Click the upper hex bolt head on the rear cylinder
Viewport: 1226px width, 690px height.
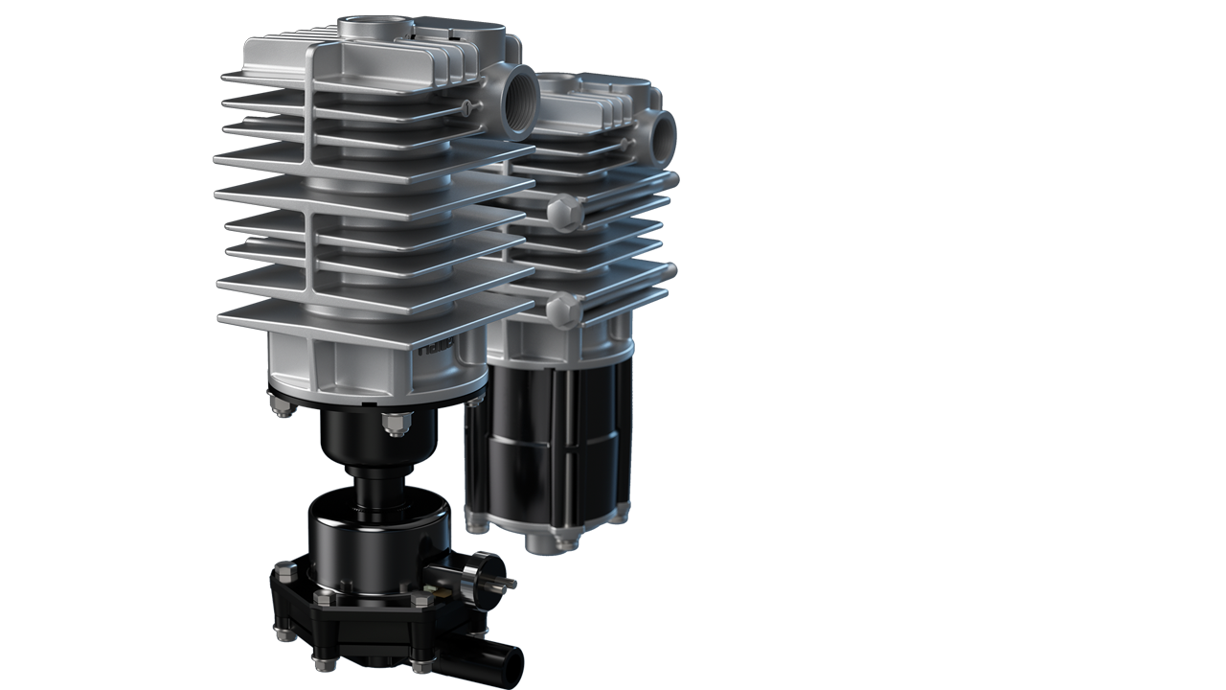point(564,209)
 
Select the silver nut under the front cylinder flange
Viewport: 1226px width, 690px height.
point(396,422)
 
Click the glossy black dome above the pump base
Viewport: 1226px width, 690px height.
point(378,537)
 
